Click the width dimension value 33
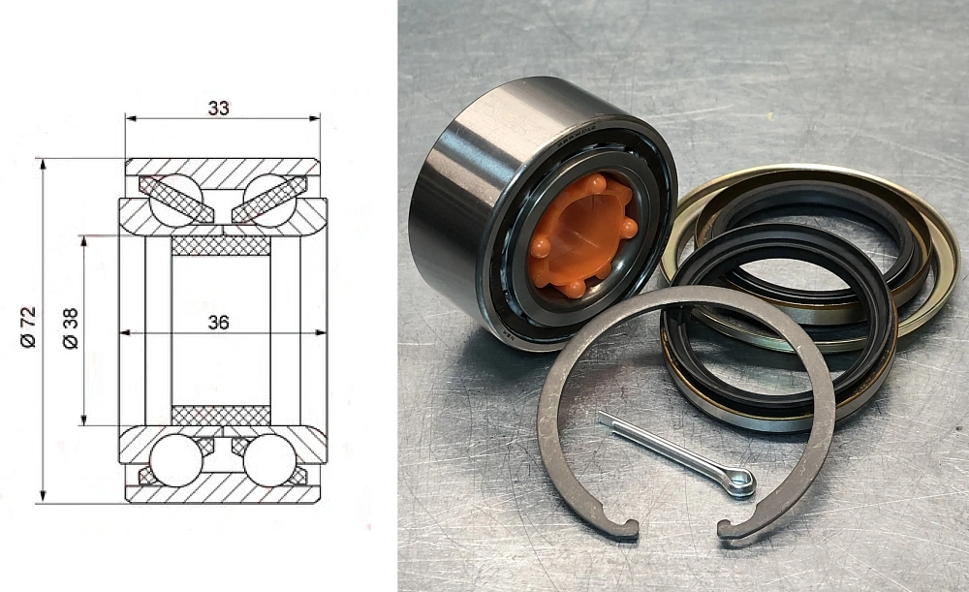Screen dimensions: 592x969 (219, 108)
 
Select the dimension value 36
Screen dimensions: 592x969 (219, 323)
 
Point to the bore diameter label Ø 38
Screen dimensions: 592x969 (70, 328)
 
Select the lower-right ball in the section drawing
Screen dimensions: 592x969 (267, 460)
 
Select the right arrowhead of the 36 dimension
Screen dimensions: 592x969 (321, 333)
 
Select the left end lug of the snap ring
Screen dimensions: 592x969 (626, 529)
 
